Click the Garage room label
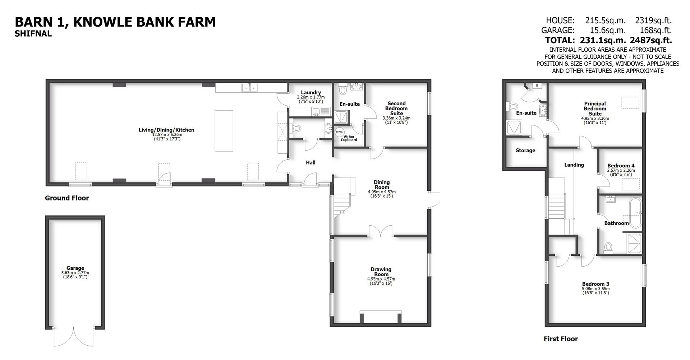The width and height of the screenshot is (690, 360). (75, 268)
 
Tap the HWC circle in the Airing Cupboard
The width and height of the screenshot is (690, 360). (339, 132)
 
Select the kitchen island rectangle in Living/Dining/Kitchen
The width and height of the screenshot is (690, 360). (224, 130)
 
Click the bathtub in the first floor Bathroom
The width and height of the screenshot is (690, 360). (635, 212)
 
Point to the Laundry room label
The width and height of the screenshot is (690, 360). (311, 92)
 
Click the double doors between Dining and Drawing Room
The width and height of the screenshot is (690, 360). (380, 231)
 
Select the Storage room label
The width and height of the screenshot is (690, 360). (525, 151)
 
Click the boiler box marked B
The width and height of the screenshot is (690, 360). (537, 86)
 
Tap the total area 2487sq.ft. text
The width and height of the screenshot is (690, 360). (651, 40)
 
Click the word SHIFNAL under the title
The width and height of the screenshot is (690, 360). (33, 34)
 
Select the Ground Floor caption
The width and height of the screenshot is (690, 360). (67, 198)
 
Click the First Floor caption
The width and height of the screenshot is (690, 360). (560, 339)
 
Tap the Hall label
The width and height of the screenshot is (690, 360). (310, 163)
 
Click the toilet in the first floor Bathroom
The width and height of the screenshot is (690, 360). (608, 247)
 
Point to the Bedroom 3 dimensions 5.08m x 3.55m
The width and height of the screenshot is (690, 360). (595, 289)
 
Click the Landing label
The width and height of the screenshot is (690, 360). (574, 165)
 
